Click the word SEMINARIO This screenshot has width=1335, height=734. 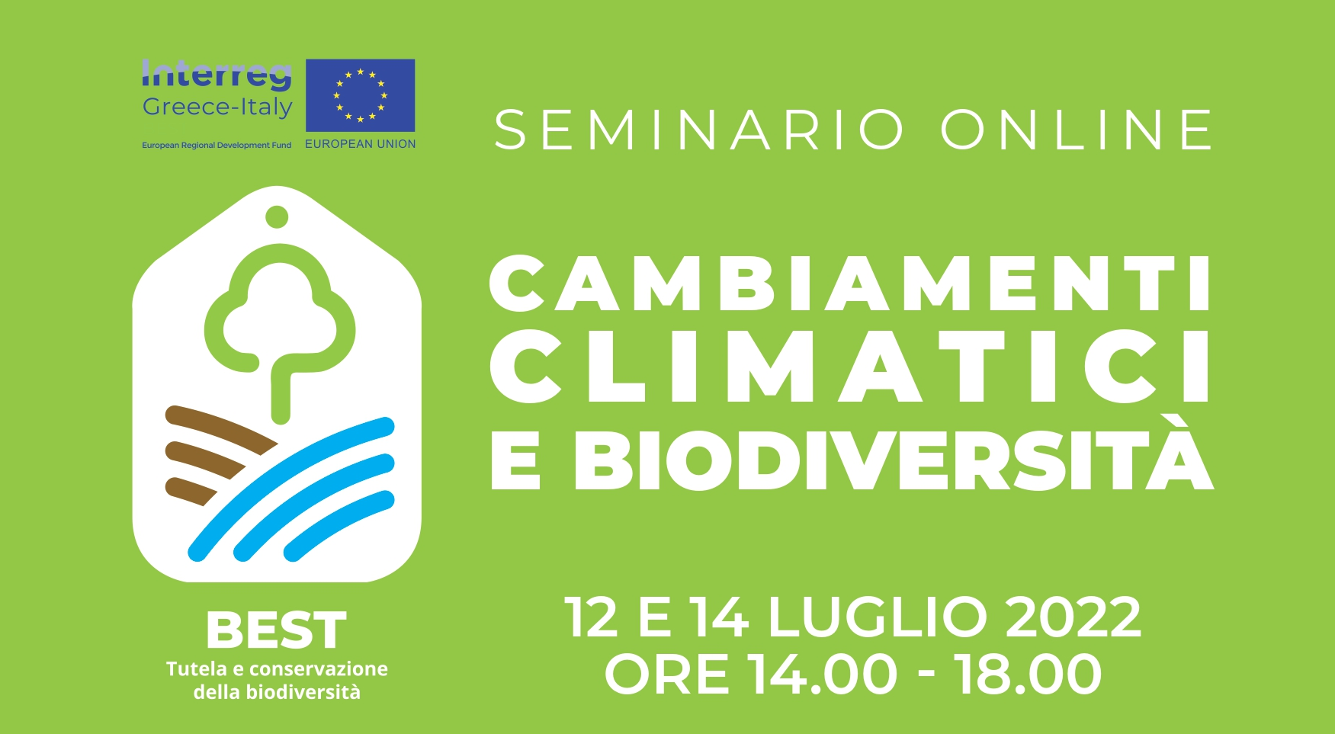[699, 130]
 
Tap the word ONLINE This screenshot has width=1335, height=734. [1077, 130]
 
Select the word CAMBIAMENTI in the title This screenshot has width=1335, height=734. [850, 283]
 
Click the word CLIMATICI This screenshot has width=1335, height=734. [850, 367]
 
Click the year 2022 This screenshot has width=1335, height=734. [1073, 617]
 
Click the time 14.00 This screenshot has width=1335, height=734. [822, 674]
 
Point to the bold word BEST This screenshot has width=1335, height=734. [277, 630]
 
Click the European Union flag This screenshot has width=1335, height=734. [361, 95]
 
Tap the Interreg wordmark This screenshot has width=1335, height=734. [217, 75]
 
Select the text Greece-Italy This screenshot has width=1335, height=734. [217, 107]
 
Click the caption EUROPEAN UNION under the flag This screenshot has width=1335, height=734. [361, 144]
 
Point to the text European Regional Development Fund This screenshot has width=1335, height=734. [217, 145]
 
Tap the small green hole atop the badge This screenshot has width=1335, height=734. [277, 217]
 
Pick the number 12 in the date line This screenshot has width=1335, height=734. [592, 617]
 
